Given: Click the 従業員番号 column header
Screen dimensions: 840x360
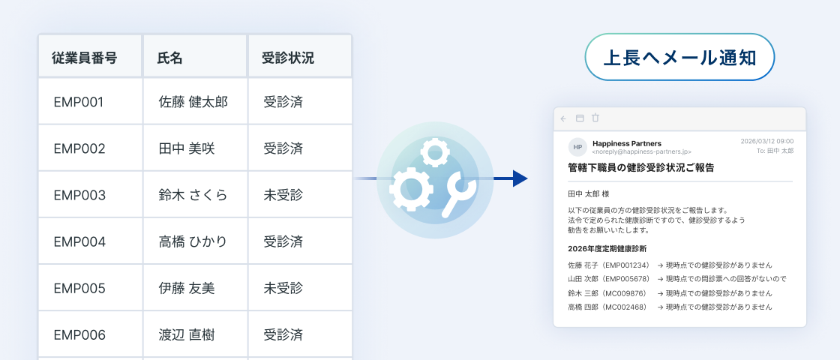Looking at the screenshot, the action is point(84,58).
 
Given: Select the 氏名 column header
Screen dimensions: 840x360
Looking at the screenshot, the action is point(169,58).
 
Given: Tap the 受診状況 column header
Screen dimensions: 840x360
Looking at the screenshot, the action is point(288,58).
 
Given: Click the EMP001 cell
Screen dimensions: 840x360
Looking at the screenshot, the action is point(78,102).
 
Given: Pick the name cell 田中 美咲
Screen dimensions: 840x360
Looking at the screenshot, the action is point(187,148).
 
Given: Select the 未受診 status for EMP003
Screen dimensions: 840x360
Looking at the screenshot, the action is point(283,195).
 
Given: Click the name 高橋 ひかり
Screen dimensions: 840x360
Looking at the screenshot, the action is point(193,241).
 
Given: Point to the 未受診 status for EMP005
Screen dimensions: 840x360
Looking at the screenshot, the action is point(283,288).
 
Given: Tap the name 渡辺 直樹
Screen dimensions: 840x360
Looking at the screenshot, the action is point(187,334).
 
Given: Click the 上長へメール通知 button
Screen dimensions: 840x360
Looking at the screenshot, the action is point(679,57).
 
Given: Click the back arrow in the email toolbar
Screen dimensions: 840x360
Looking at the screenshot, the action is point(563,118).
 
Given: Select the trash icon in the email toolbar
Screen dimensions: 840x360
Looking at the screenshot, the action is point(595,118).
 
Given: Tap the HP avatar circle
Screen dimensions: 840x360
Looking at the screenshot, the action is point(577,147).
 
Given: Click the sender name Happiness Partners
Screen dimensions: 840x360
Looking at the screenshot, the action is point(627,143).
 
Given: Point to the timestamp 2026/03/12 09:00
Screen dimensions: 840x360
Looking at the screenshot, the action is point(767,142).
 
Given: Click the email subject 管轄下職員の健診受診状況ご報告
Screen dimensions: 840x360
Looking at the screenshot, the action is point(640,168).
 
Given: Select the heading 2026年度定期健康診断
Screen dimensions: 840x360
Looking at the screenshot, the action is point(607,248).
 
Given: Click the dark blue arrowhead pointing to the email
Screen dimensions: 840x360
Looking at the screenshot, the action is point(520,178).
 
